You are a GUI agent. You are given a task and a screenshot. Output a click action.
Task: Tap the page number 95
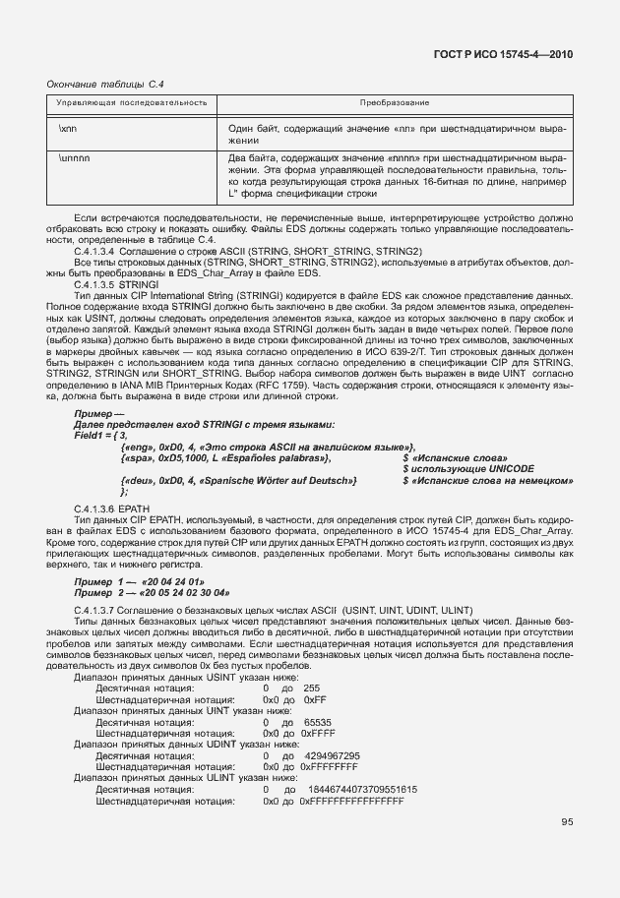(x=568, y=822)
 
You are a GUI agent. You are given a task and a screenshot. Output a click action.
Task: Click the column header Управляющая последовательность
(x=131, y=103)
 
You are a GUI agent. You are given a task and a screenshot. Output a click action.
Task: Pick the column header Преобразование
(x=401, y=103)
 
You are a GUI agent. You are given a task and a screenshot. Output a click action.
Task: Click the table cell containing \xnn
(x=68, y=129)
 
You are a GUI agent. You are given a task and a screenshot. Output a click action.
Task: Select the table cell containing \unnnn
(x=74, y=157)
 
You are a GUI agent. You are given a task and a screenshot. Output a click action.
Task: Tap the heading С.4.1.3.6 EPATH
(x=107, y=507)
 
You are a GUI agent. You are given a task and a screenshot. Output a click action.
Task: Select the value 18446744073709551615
(x=363, y=789)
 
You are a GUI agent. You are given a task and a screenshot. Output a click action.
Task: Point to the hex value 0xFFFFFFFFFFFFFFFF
(x=352, y=801)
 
